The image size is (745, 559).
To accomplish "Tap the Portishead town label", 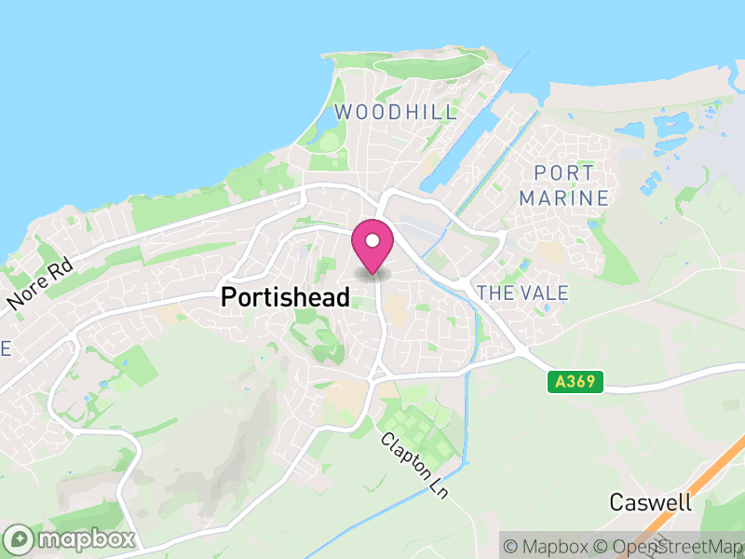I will coord(285,297).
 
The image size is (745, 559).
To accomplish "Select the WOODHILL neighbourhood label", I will coord(396,113).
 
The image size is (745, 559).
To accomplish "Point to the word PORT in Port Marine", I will coord(564,173).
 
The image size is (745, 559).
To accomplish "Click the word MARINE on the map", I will coord(564,198).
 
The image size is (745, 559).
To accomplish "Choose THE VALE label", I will coord(521,293).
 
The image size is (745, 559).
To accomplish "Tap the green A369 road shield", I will coord(576,381).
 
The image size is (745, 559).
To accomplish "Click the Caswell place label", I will coord(651,502).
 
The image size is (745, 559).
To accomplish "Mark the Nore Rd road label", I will coord(39,286).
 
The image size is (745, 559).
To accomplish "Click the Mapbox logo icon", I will coord(20,539).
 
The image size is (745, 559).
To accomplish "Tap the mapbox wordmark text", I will coord(85,539).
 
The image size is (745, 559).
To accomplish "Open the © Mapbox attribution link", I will coord(551,546).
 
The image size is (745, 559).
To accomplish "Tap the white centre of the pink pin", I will coord(372,240).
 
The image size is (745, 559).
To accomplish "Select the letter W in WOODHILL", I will coord(343,113).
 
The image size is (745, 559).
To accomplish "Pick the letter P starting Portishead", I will coord(228,297).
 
